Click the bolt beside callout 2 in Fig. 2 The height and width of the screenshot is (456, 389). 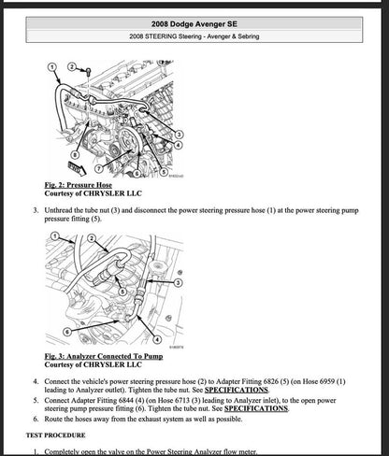(85, 70)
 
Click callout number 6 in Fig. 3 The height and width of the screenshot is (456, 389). (65, 331)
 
